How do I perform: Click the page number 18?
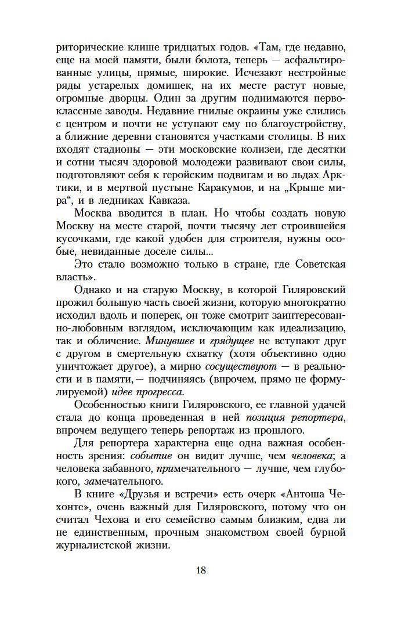point(201,569)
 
